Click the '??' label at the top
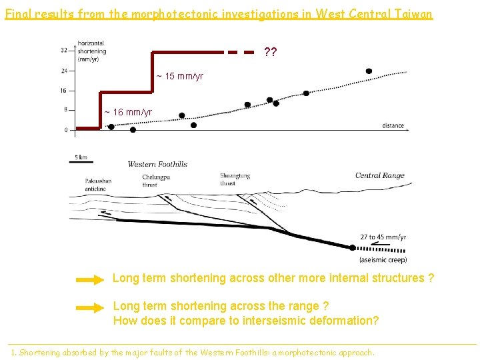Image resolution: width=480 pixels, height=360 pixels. pos(271,52)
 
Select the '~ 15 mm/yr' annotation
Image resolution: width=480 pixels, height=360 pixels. pos(180,77)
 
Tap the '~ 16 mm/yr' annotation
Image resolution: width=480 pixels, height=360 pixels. pos(128,112)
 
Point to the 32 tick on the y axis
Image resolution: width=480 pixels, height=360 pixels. pos(63,50)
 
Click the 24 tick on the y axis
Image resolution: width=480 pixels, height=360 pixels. pos(63,70)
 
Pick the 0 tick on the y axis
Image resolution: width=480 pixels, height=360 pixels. pos(65,130)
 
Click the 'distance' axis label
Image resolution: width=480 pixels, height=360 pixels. pos(393,125)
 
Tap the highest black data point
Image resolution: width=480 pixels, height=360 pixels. pos(369,71)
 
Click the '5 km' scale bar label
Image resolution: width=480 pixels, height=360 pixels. pos(81,157)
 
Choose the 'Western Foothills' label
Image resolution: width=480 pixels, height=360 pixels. pos(157,164)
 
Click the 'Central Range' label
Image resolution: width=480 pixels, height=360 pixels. pos(379,175)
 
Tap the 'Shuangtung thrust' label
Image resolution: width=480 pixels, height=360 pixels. pos(235,179)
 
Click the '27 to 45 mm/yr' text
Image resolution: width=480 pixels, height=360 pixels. pos(383,237)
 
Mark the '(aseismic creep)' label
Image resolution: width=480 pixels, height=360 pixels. pos(383,259)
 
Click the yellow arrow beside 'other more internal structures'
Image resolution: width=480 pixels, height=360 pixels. pos(90,281)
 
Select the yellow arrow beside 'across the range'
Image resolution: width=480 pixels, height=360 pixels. pos(90,308)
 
